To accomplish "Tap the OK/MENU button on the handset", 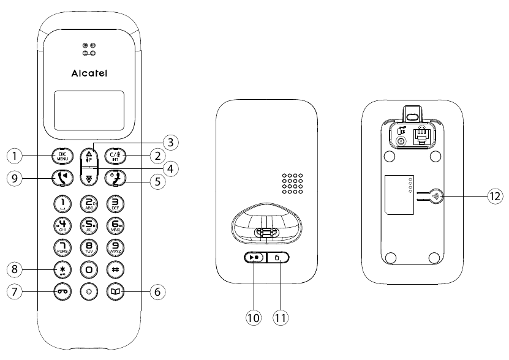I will [62, 156].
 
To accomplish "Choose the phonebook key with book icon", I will [116, 292].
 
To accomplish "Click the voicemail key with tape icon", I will [62, 292].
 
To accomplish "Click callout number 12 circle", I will [494, 196].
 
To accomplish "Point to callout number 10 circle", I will [252, 317].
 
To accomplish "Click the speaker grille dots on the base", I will [293, 183].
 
